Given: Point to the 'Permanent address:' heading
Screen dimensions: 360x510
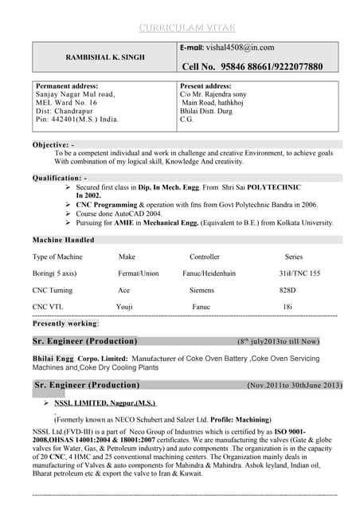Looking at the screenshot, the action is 67,85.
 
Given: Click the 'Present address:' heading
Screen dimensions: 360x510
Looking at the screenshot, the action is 205,85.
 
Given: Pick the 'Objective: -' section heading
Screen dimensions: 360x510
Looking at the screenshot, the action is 53,144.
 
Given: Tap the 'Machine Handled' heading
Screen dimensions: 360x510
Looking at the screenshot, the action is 63,239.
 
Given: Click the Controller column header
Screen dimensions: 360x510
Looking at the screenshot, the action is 204,257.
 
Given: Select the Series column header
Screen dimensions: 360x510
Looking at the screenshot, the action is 294,257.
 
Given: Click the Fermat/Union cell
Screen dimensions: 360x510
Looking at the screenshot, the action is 139,273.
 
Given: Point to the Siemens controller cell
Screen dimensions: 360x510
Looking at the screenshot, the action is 202,290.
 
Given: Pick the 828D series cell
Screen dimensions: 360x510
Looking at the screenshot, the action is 288,290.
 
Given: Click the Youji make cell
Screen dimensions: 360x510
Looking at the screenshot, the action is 125,307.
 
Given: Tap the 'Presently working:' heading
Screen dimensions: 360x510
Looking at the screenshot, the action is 65,324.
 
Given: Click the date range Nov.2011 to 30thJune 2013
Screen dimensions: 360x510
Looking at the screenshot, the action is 294,386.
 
